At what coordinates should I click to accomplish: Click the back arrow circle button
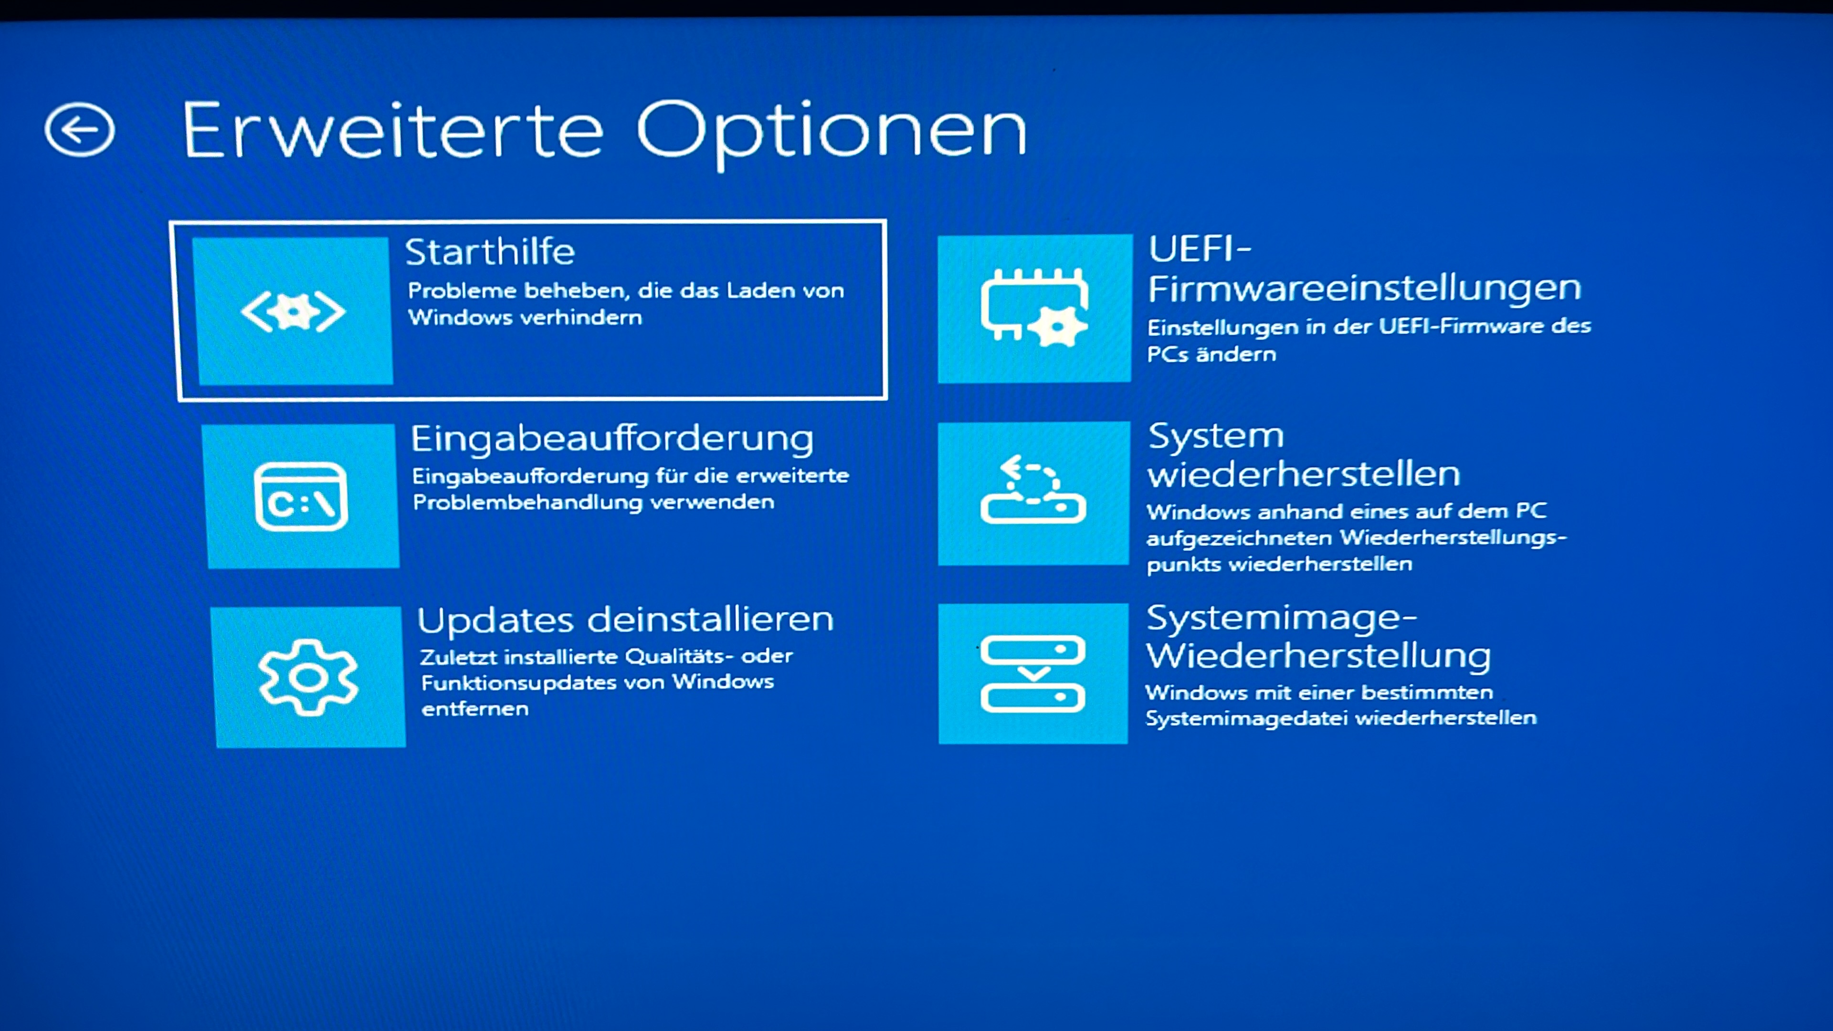(x=79, y=129)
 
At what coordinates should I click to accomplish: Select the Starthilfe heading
(x=490, y=252)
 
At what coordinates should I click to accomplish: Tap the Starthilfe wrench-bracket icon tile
(x=293, y=311)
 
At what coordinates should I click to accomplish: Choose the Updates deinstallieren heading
(x=625, y=619)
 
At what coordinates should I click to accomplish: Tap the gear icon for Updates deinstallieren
(x=308, y=677)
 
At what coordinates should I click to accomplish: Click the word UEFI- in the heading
(x=1200, y=249)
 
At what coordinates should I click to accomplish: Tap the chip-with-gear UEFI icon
(x=1034, y=307)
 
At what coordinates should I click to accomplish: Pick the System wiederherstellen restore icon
(x=1032, y=490)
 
